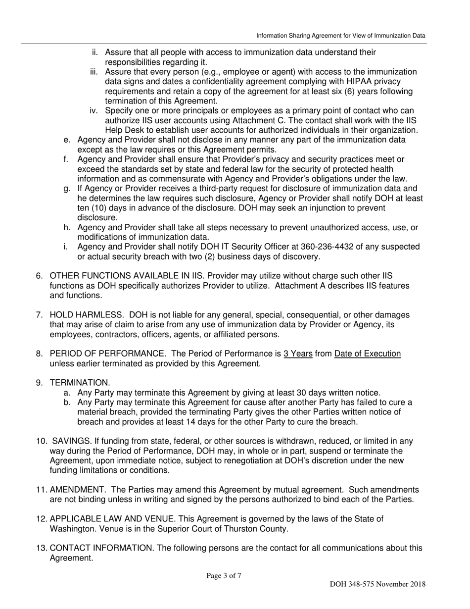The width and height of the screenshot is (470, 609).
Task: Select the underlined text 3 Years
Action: coord(298,354)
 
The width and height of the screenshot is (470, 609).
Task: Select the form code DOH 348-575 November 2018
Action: coord(377,584)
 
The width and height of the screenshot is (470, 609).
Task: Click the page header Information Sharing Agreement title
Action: coord(340,36)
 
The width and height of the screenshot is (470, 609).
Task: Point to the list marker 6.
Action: coord(40,276)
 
